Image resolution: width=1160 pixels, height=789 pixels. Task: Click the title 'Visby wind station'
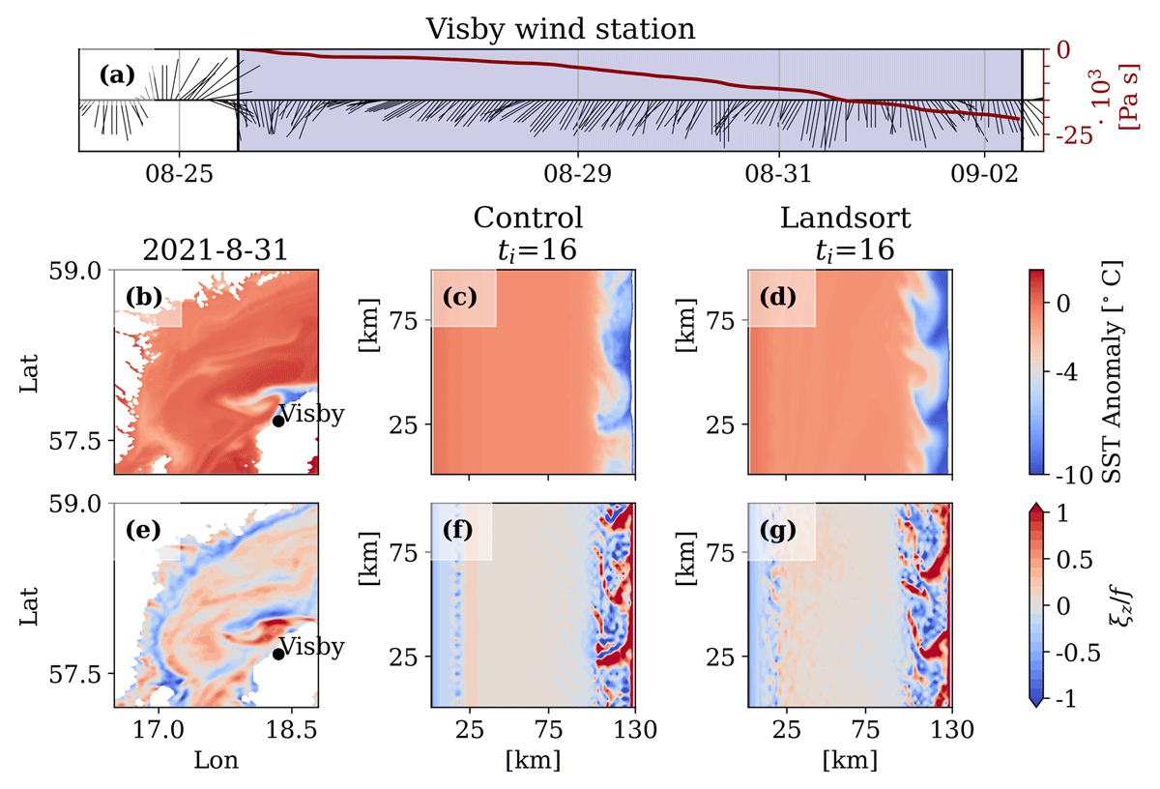click(x=561, y=29)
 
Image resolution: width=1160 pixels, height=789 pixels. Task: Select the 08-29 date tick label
click(x=577, y=173)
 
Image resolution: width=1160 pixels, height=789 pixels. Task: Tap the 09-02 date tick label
click(x=984, y=173)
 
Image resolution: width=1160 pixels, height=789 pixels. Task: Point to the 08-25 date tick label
click(x=179, y=173)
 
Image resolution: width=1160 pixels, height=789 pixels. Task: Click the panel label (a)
click(x=118, y=75)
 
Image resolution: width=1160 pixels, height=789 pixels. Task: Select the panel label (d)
click(x=778, y=297)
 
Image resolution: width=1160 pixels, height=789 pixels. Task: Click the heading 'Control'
click(x=528, y=218)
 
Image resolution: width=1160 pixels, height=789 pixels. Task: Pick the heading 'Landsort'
click(x=845, y=218)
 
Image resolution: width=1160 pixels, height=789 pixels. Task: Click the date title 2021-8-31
click(x=216, y=250)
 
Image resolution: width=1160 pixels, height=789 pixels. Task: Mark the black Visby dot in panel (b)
click(x=278, y=422)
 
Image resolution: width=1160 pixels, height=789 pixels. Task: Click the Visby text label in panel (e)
click(x=311, y=648)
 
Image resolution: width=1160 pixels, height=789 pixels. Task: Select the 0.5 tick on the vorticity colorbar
click(x=1075, y=560)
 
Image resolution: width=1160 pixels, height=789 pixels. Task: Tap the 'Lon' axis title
click(x=216, y=761)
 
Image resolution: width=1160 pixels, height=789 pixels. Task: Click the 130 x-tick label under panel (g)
click(x=952, y=730)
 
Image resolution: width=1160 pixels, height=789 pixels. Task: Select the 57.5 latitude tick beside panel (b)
click(x=75, y=441)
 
